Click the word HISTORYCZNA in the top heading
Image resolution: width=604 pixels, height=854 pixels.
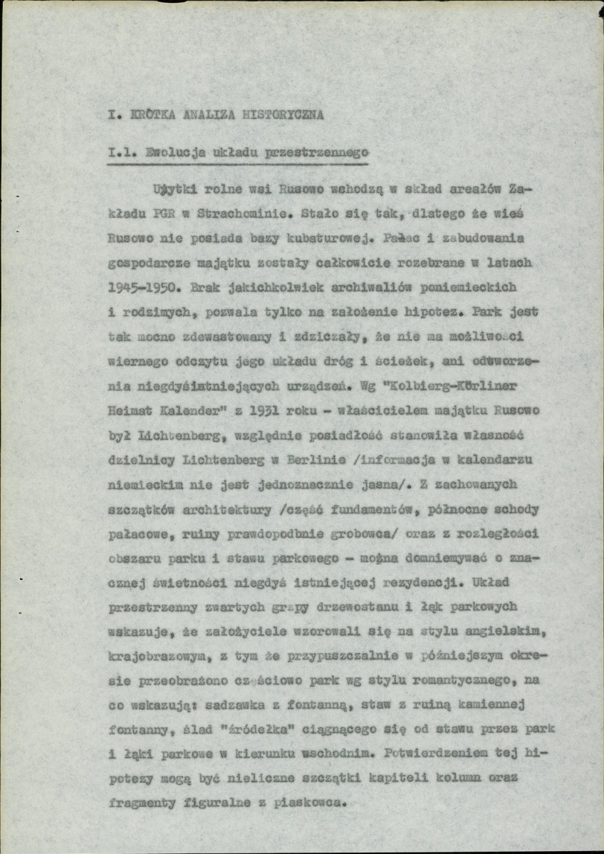click(283, 114)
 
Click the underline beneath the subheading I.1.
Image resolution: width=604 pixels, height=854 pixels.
click(236, 164)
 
